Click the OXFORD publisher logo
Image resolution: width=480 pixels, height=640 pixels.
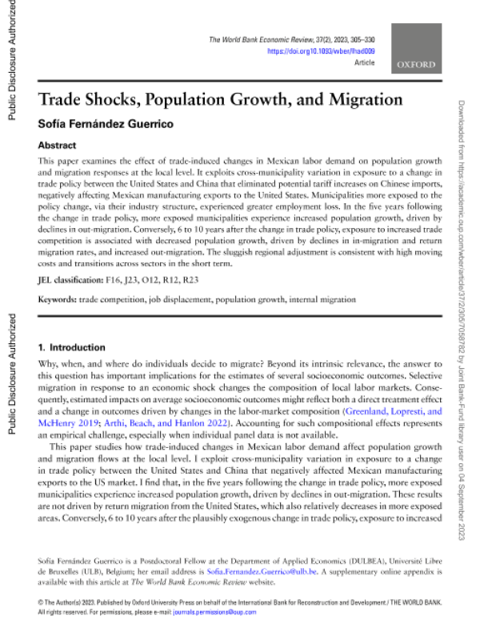[414, 65]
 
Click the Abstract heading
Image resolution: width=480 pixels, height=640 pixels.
[58, 146]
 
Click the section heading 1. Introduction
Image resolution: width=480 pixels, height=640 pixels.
[72, 348]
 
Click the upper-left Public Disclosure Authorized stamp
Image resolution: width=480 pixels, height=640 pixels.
[11, 60]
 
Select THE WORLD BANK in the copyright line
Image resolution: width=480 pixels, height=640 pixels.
[414, 601]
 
